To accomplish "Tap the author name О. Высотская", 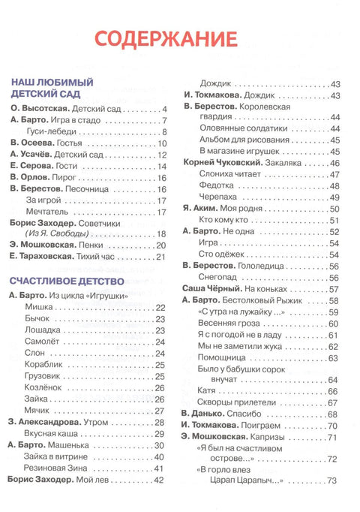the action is pyautogui.click(x=34, y=109).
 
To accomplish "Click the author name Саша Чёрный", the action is pyautogui.click(x=213, y=288).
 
